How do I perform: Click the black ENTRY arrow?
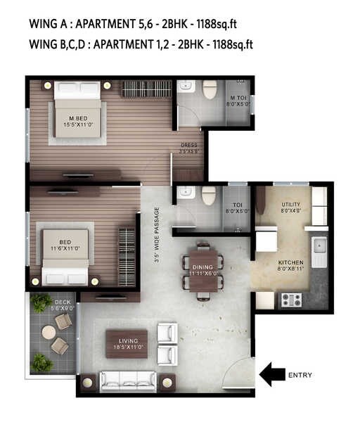272,375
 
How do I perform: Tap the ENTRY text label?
300,375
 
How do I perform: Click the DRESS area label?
188,148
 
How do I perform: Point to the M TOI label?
238,101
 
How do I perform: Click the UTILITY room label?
291,206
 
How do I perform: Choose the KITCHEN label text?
290,264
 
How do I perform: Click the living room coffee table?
127,343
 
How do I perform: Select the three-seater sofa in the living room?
127,381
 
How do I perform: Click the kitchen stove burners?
291,300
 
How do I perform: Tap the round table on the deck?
49,332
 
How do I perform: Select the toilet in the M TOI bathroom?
210,90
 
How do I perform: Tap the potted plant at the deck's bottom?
42,362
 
